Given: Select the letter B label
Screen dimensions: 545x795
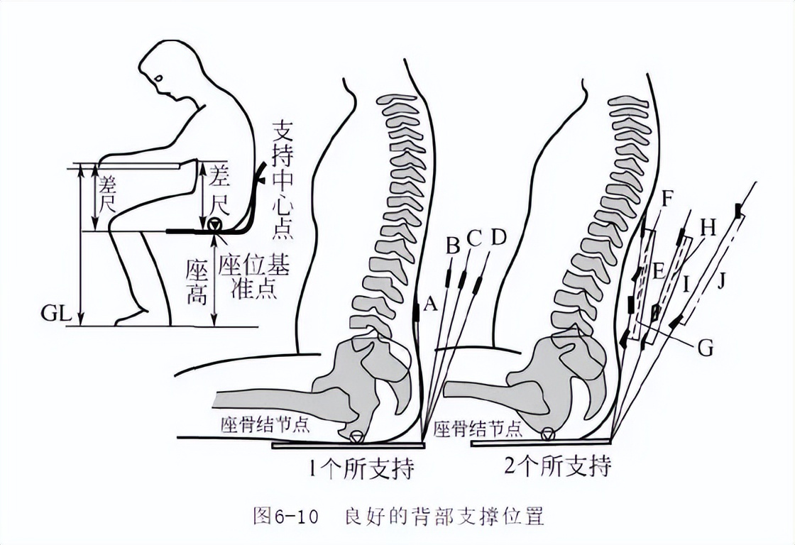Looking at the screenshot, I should [452, 246].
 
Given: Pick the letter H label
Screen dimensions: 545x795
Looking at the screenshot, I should [708, 227].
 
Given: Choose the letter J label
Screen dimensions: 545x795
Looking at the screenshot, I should [723, 283].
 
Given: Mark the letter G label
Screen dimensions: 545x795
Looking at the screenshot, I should [705, 348].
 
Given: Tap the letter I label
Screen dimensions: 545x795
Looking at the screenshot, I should [686, 285].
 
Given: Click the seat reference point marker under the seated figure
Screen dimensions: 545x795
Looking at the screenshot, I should [214, 226].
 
